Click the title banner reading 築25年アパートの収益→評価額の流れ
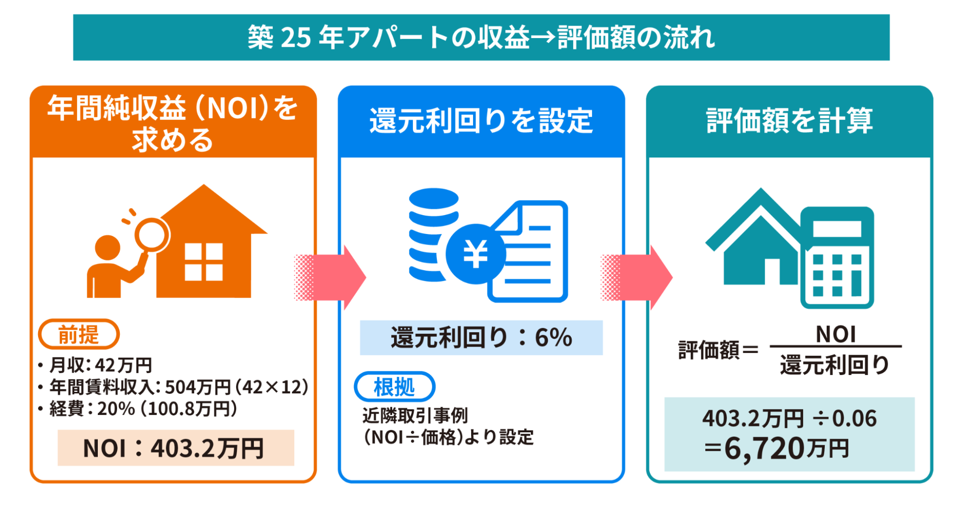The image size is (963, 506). pyautogui.click(x=481, y=38)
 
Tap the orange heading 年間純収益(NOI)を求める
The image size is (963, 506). pyautogui.click(x=172, y=123)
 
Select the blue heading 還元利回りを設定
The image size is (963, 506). pyautogui.click(x=481, y=120)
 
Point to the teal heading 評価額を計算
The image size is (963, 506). pyautogui.click(x=789, y=120)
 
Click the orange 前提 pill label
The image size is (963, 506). pyautogui.click(x=79, y=334)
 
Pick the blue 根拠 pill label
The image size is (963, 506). pyautogui.click(x=394, y=387)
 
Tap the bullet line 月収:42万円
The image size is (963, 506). pyautogui.click(x=100, y=365)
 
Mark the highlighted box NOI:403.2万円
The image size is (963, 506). pyautogui.click(x=175, y=448)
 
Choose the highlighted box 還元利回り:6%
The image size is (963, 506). pyautogui.click(x=481, y=337)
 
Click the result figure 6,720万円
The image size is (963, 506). pyautogui.click(x=785, y=449)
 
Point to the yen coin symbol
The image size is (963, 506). pyautogui.click(x=475, y=254)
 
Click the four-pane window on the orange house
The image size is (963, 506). pyautogui.click(x=204, y=261)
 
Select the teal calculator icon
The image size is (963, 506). pyautogui.click(x=837, y=258)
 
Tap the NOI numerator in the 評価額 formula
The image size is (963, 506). pyautogui.click(x=835, y=334)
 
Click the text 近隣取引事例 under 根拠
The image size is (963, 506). pyautogui.click(x=415, y=415)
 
